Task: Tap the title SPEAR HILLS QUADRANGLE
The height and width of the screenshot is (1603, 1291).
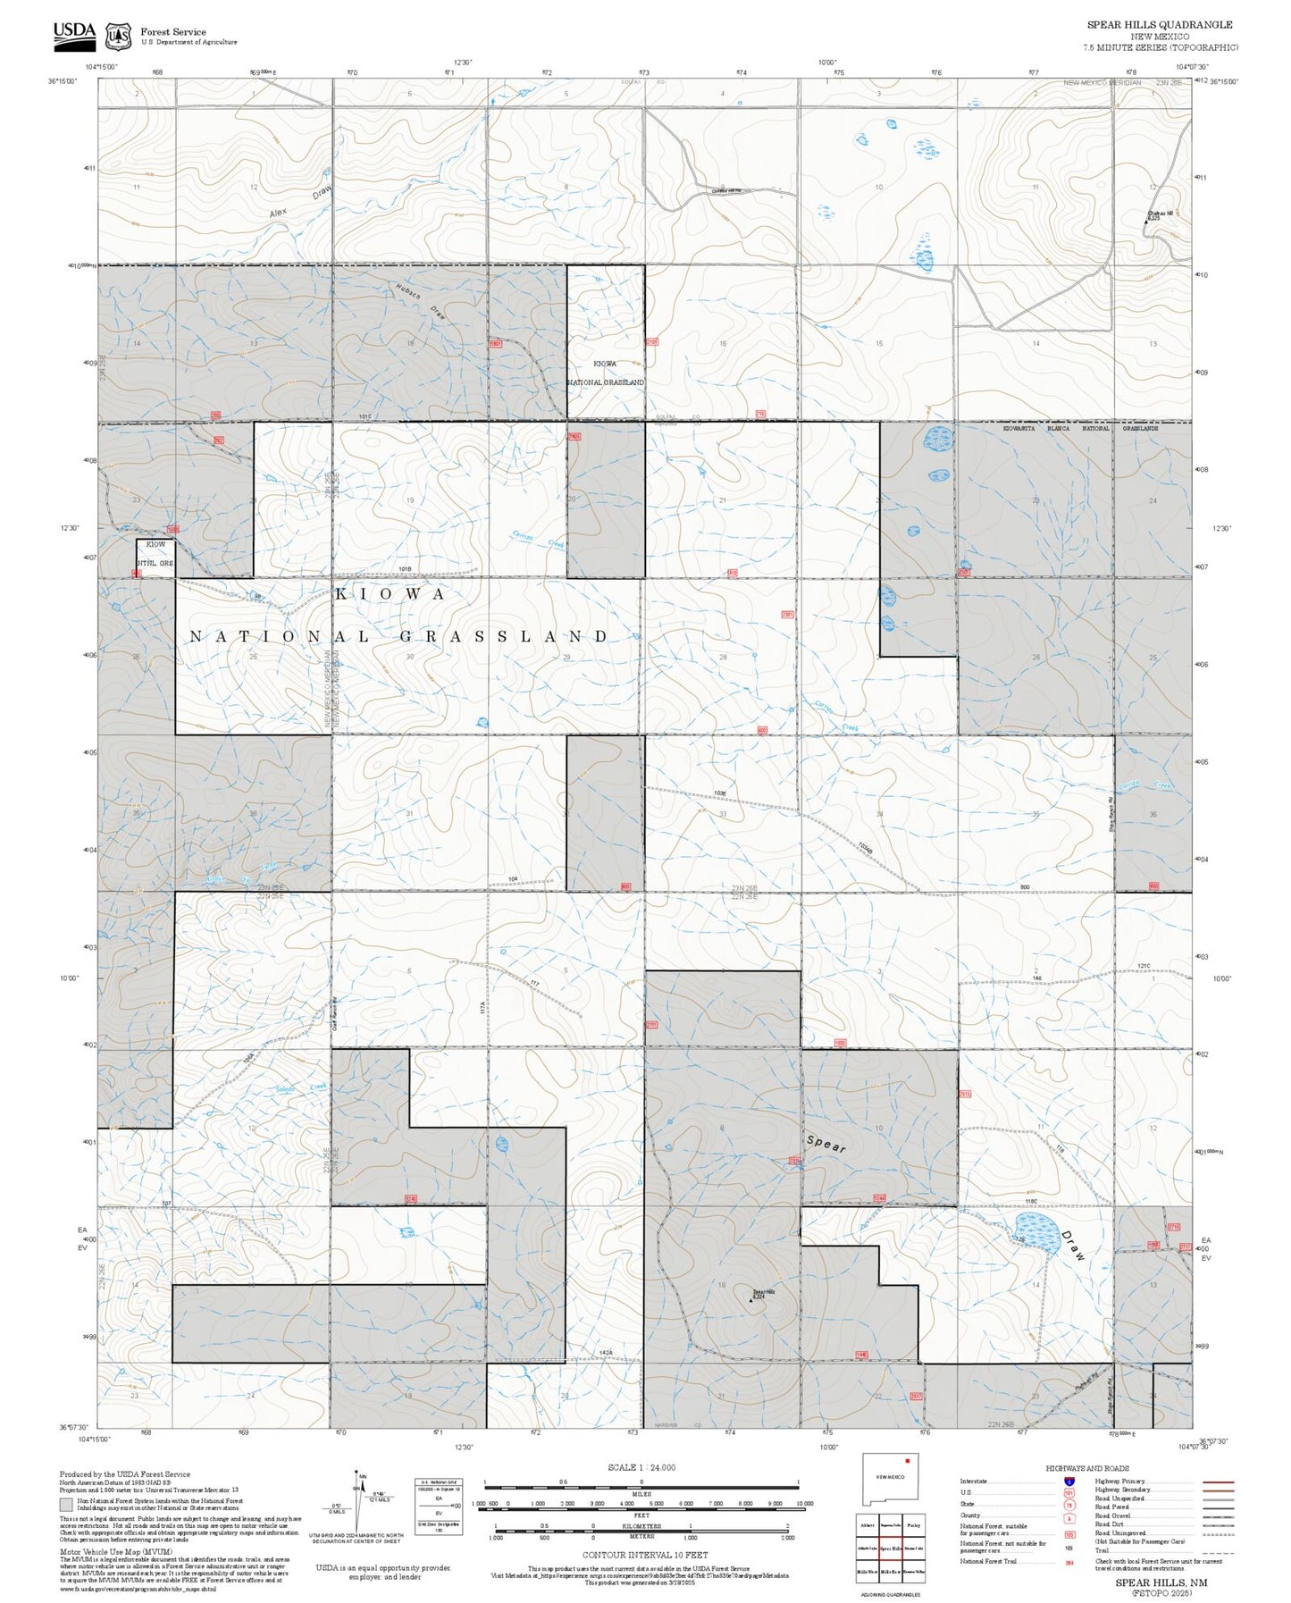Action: [1159, 25]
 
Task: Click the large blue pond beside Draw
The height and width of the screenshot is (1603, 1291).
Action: [1036, 1230]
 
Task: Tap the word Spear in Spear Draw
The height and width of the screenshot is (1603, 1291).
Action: [826, 1144]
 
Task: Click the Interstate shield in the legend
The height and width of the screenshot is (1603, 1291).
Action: [1069, 1481]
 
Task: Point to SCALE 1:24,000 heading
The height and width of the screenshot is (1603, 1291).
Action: [641, 1467]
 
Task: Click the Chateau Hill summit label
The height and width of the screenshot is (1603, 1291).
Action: [1160, 214]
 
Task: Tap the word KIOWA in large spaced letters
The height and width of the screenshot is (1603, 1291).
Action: [390, 594]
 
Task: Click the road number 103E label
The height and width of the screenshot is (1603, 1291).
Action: [720, 793]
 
